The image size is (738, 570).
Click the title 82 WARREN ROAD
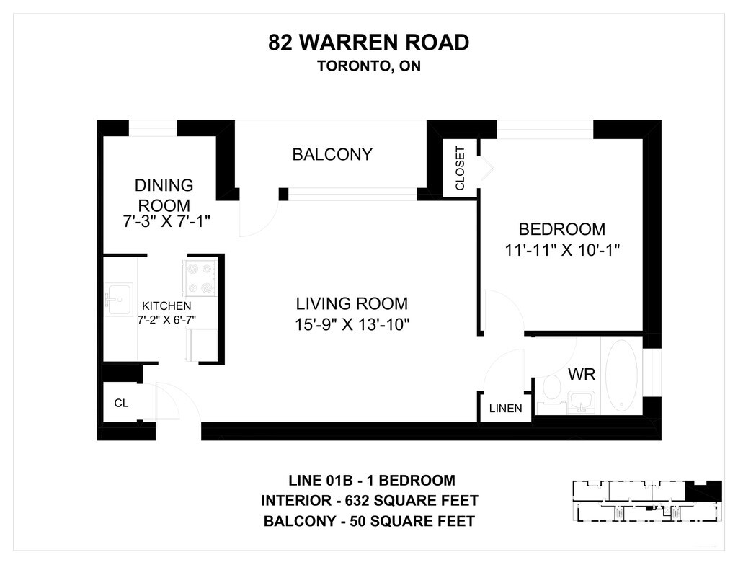(x=368, y=43)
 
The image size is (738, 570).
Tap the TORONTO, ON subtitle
(x=368, y=66)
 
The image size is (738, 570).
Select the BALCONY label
(x=332, y=154)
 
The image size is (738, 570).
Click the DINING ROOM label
(x=164, y=195)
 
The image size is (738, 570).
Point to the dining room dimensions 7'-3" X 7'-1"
(x=166, y=221)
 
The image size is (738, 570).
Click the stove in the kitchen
(x=200, y=278)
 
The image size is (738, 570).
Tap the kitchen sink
(x=118, y=299)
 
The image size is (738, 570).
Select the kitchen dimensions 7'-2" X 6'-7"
(x=166, y=320)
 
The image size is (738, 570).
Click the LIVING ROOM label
(x=352, y=303)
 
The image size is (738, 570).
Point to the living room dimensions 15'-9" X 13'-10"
(x=352, y=324)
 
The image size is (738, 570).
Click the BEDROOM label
(x=562, y=229)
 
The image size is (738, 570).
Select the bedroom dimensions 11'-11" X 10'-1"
(x=562, y=249)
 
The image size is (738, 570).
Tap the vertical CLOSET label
(x=460, y=168)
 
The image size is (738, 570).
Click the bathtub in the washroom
(x=621, y=376)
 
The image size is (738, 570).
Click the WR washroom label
(x=582, y=375)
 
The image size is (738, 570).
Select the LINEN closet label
(x=505, y=409)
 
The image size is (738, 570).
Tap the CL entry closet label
(x=121, y=403)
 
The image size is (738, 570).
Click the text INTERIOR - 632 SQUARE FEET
(x=370, y=500)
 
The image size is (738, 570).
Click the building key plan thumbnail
(x=646, y=501)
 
